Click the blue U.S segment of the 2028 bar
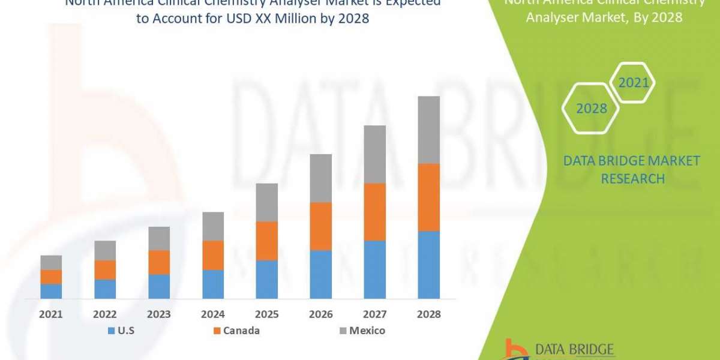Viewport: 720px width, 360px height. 428,265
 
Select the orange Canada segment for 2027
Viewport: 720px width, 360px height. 374,212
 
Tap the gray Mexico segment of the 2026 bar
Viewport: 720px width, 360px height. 320,178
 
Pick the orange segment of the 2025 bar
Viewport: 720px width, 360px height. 266,241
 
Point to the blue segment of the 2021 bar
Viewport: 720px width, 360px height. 51,291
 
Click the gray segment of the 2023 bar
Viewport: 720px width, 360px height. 159,238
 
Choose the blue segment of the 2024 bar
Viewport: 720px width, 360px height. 213,284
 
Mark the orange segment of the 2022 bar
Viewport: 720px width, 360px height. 105,269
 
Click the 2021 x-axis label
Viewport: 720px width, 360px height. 51,314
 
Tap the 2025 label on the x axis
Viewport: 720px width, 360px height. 266,314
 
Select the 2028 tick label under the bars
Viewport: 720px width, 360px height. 428,314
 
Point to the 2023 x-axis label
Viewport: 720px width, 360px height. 159,314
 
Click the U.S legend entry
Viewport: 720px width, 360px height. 122,331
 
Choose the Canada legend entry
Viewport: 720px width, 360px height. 236,331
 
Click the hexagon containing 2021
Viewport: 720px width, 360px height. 634,83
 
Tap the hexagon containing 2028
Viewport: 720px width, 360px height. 591,109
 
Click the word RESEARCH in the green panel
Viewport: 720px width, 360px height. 632,179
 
